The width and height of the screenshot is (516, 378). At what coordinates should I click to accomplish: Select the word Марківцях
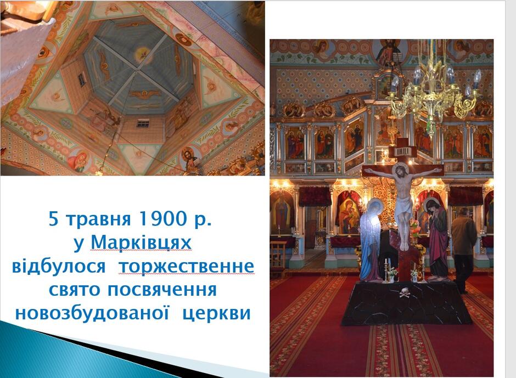pyautogui.click(x=141, y=243)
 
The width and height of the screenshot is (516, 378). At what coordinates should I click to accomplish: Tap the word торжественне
pyautogui.click(x=187, y=267)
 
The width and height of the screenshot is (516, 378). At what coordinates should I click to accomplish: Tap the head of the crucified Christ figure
pyautogui.click(x=401, y=172)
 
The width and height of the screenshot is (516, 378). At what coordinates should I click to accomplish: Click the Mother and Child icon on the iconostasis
pyautogui.click(x=349, y=213)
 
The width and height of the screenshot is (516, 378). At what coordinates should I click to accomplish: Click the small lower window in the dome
pyautogui.click(x=143, y=123)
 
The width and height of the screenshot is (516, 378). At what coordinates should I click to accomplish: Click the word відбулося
pyautogui.click(x=59, y=266)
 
